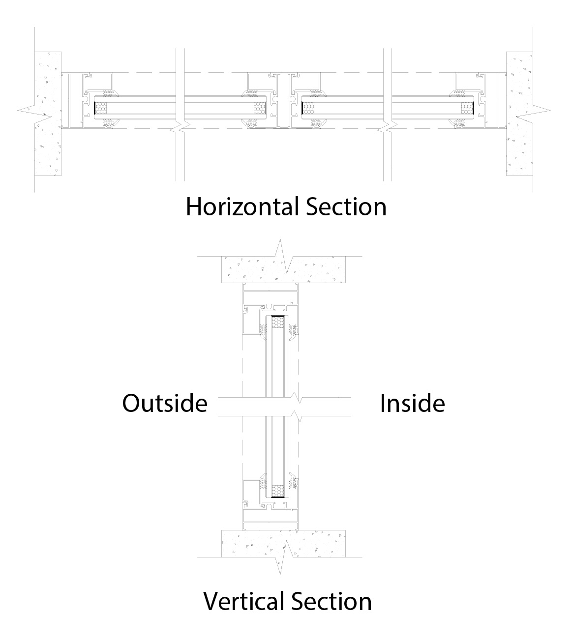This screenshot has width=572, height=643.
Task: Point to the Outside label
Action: click(165, 404)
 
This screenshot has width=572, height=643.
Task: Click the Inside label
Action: click(412, 404)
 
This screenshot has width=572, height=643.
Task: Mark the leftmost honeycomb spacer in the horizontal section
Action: click(101, 108)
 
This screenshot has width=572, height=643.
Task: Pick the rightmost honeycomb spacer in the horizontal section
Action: click(467, 108)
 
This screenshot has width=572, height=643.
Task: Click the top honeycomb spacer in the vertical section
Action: click(278, 322)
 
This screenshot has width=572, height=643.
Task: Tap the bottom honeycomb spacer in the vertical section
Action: click(278, 491)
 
